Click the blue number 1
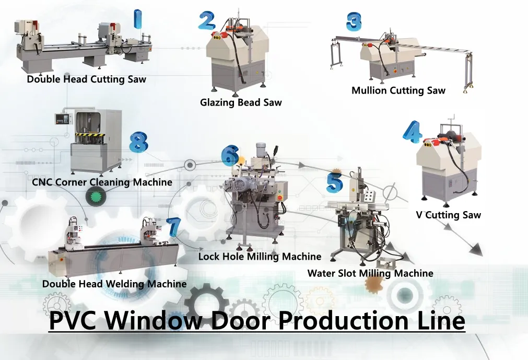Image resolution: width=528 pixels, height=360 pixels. (x=137, y=19)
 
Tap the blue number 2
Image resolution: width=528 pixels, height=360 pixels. (x=207, y=20)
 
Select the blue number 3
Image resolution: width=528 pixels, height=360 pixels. (x=354, y=22)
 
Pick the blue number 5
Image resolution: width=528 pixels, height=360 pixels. (x=335, y=182)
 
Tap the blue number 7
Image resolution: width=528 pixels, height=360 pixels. (x=174, y=227)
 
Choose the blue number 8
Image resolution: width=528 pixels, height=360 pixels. (x=138, y=142)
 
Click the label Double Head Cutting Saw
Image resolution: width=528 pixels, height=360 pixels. (x=86, y=79)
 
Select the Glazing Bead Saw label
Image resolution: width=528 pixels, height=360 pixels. (x=241, y=102)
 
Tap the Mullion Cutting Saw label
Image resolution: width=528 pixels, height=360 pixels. (x=398, y=90)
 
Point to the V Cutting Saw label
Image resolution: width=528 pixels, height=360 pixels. (x=449, y=215)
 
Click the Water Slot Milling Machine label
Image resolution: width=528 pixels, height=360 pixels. (x=370, y=273)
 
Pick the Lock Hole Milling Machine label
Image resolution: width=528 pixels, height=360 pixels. (x=260, y=257)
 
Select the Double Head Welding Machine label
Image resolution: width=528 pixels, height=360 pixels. (x=114, y=284)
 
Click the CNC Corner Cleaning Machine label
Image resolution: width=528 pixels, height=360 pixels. (x=102, y=182)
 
